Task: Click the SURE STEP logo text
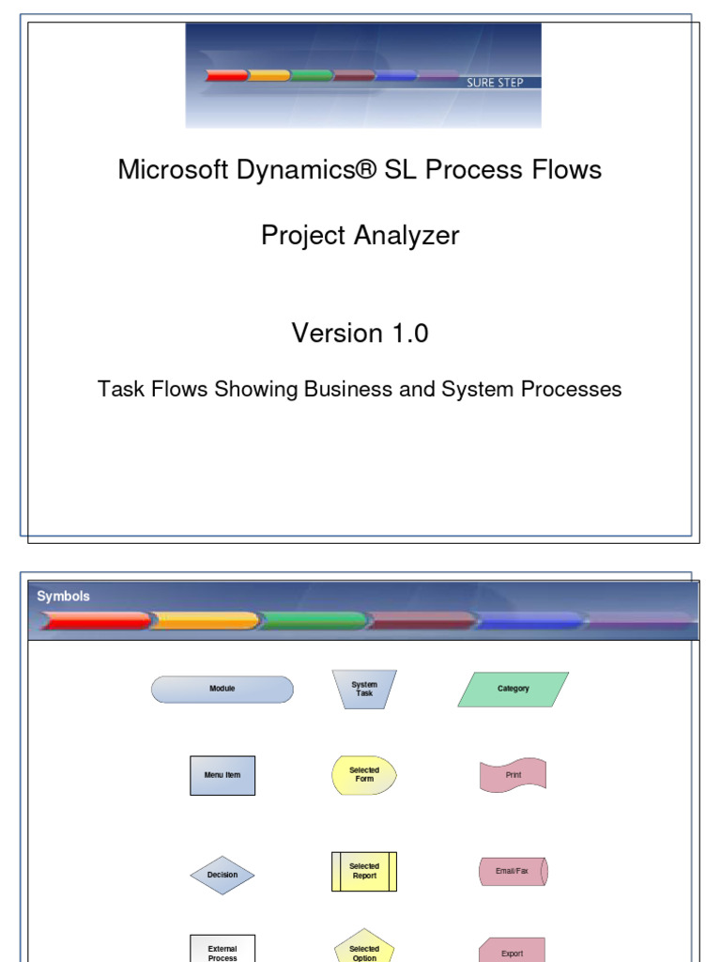[495, 83]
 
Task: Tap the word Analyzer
[407, 236]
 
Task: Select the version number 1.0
[410, 334]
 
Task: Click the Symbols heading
[63, 597]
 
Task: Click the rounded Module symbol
[222, 689]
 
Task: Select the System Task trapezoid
[364, 689]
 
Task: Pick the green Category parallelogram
[514, 689]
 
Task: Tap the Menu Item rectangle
[222, 775]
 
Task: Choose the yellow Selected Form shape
[364, 775]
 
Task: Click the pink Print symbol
[513, 775]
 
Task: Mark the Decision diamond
[222, 875]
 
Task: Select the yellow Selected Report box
[364, 871]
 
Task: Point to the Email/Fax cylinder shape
[514, 871]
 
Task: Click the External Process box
[222, 949]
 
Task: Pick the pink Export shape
[512, 950]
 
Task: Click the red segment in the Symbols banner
[95, 621]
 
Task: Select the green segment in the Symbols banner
[314, 621]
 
